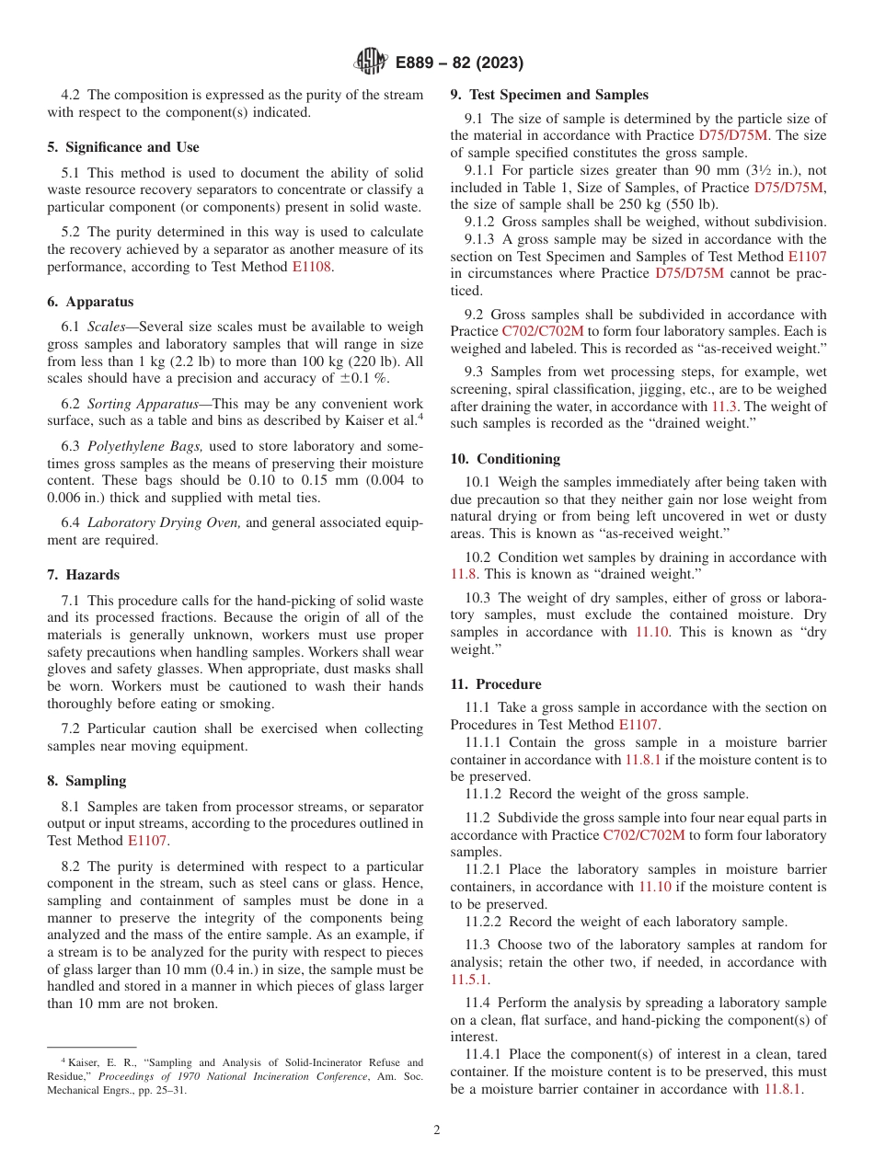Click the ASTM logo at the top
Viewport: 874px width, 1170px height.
point(371,63)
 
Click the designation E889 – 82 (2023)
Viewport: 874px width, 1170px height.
point(459,63)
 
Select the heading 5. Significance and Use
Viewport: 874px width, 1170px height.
point(122,147)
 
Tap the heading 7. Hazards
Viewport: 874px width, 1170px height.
point(83,575)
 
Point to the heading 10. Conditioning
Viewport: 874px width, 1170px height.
point(505,459)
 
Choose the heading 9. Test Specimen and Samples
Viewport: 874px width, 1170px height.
point(548,95)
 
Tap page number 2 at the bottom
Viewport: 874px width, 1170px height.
point(437,1130)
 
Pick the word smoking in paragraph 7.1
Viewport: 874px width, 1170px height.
point(248,705)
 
